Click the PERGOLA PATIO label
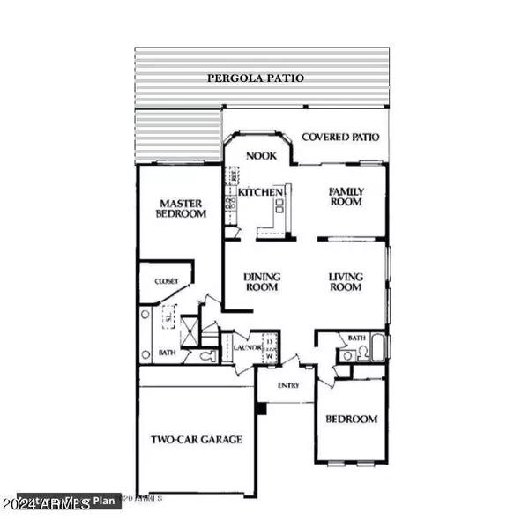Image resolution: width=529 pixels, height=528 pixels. point(256,78)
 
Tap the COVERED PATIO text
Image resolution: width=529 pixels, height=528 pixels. point(340,138)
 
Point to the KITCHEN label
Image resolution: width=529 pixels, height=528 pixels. point(260,192)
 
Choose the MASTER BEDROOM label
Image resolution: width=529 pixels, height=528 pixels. point(182,208)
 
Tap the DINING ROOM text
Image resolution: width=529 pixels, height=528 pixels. point(261,282)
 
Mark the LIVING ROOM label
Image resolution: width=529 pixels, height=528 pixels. point(346,282)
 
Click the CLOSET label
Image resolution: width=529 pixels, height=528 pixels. point(167,281)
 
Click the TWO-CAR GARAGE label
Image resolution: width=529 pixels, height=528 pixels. point(196,439)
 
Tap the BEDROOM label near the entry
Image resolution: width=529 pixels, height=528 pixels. point(352,420)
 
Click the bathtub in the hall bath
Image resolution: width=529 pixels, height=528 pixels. point(376,349)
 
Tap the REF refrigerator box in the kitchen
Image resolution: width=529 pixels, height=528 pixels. point(234,176)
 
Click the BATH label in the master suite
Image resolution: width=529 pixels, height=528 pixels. point(168,353)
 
